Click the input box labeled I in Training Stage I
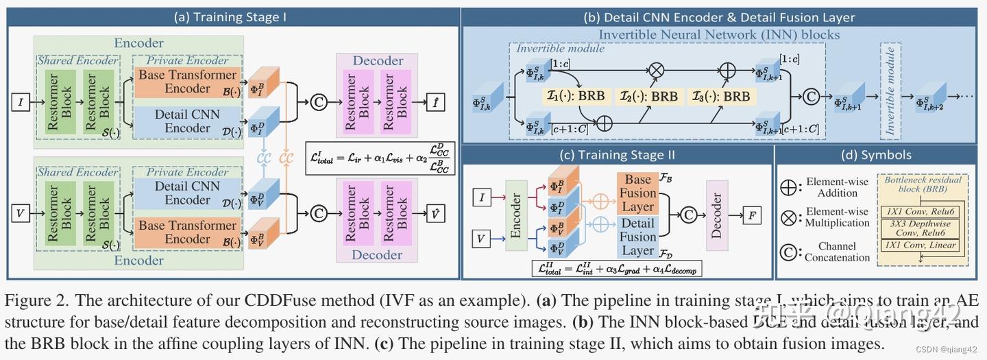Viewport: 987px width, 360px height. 20,103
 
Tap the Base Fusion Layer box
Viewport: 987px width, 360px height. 637,193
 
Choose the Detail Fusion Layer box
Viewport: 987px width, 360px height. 637,237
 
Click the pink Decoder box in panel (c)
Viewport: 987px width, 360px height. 717,216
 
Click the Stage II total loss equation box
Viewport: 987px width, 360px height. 616,269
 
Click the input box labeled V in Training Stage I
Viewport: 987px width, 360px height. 20,214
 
